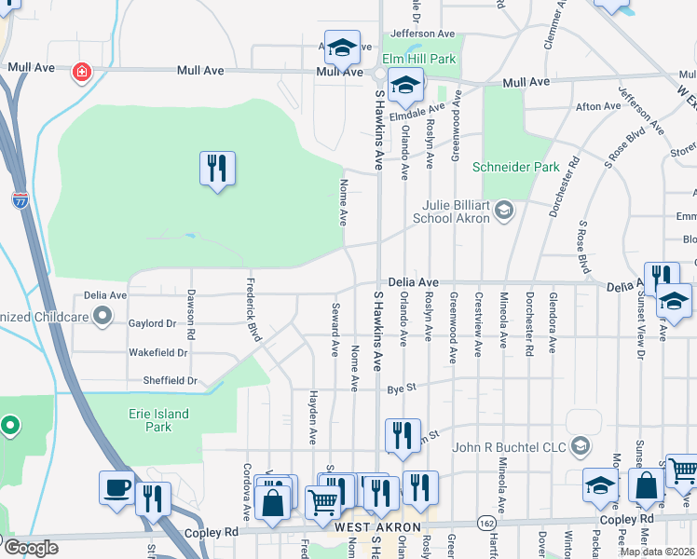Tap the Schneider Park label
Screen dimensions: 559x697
(515, 168)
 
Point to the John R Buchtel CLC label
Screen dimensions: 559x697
(509, 447)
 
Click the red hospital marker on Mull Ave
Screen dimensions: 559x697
(82, 72)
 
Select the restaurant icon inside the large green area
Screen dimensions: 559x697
(217, 169)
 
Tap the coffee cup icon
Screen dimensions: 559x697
(117, 487)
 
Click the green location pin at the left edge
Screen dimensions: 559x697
(10, 427)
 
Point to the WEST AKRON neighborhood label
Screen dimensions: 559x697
(371, 528)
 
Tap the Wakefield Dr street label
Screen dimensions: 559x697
(157, 353)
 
